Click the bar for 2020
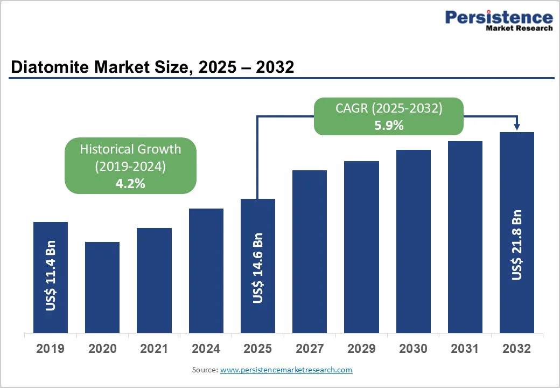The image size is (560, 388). click(x=102, y=287)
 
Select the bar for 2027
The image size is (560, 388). click(x=310, y=252)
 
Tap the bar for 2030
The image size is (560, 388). click(x=414, y=241)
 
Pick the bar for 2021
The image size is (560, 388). click(x=154, y=280)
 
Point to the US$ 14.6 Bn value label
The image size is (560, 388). click(x=258, y=268)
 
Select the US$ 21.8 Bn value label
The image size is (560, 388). click(x=517, y=245)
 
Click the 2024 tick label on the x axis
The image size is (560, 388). click(x=206, y=349)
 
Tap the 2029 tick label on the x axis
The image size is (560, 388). click(x=361, y=349)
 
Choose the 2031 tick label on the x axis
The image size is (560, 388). click(x=465, y=349)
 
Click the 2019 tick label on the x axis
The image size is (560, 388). click(x=50, y=349)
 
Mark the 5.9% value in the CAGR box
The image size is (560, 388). click(x=388, y=125)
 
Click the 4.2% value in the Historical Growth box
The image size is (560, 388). click(x=130, y=183)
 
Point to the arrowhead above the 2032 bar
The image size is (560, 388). click(x=517, y=127)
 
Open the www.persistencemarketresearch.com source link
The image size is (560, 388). click(x=286, y=370)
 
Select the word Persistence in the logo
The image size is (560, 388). click(x=499, y=17)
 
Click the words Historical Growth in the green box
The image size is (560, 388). click(x=130, y=149)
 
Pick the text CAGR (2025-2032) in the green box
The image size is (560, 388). click(x=388, y=108)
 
